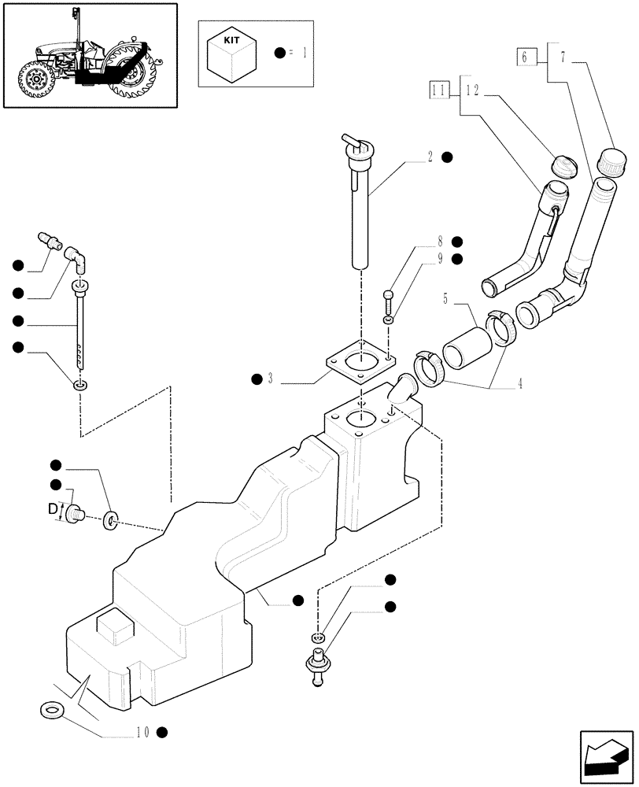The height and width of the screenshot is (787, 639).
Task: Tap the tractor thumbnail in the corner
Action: click(x=93, y=54)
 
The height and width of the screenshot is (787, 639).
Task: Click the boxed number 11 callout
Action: click(x=439, y=91)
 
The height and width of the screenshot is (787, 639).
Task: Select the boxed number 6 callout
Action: click(x=526, y=56)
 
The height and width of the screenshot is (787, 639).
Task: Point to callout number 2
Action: click(x=430, y=157)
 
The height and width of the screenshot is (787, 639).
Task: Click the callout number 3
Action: click(x=270, y=379)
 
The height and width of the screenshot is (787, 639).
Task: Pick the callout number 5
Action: click(x=445, y=299)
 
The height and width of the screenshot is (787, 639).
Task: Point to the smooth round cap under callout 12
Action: click(x=563, y=167)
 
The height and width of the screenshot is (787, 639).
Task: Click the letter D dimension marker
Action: click(x=53, y=510)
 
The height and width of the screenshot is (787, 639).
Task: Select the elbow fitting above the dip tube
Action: click(x=77, y=257)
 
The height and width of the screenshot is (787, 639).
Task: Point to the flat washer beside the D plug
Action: click(x=109, y=519)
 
